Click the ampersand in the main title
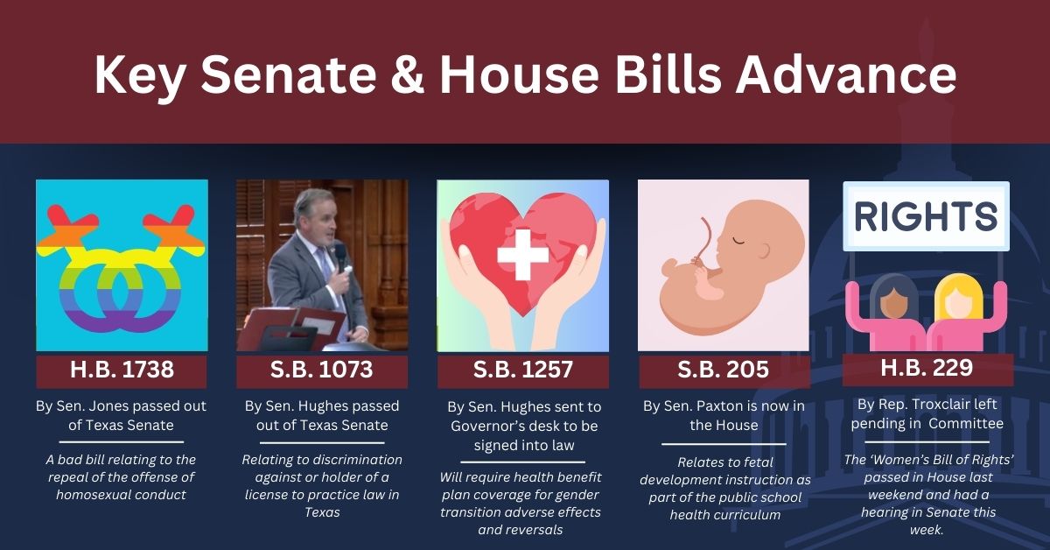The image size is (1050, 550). click(408, 74)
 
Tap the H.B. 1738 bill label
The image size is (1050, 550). click(122, 370)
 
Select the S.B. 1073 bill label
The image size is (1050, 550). click(322, 370)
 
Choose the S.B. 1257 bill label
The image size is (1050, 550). click(522, 370)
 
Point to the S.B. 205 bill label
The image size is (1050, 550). click(724, 370)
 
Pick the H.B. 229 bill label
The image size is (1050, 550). click(927, 368)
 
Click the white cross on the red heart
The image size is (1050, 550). click(522, 254)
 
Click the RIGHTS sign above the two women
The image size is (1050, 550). click(927, 216)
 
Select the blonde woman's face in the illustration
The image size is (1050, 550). click(958, 304)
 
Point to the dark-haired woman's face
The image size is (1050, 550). click(894, 304)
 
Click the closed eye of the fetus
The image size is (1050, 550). click(738, 241)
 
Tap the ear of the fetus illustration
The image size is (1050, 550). click(763, 251)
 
